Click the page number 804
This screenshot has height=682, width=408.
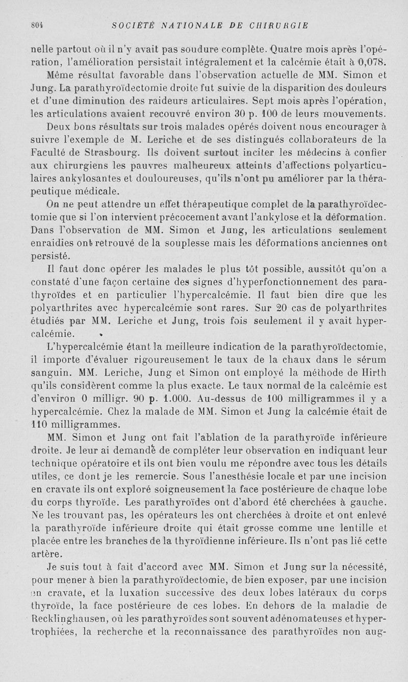38,24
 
